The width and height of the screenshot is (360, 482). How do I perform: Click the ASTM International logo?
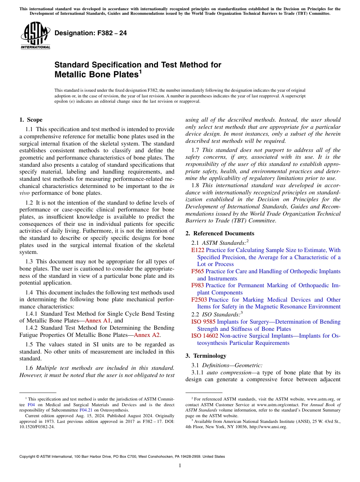click(35, 36)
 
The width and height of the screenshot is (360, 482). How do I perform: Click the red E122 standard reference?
click(197, 250)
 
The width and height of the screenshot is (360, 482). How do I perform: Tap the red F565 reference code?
click(197, 271)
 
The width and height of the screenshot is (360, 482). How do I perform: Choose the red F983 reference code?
click(197, 285)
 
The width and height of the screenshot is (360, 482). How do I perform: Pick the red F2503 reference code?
click(199, 300)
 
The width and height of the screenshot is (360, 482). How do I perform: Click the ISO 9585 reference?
click(203, 322)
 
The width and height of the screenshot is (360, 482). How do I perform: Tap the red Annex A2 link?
click(147, 335)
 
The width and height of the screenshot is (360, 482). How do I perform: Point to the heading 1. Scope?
click(31, 120)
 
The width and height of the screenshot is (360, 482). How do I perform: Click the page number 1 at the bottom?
click(180, 466)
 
